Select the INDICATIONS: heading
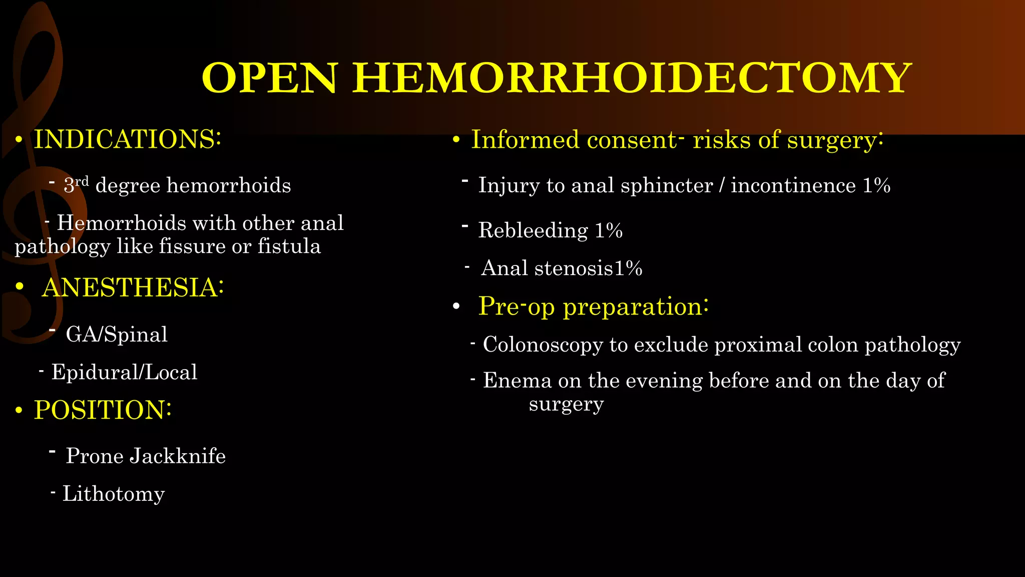point(127,139)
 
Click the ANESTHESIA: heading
point(133,287)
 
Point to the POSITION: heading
point(103,410)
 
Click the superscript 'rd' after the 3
point(82,181)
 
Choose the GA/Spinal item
point(117,334)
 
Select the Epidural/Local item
point(124,372)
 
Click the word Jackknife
point(178,456)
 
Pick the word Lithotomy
point(113,494)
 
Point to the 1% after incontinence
point(876,186)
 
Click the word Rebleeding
point(533,230)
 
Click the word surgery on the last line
point(566,404)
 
